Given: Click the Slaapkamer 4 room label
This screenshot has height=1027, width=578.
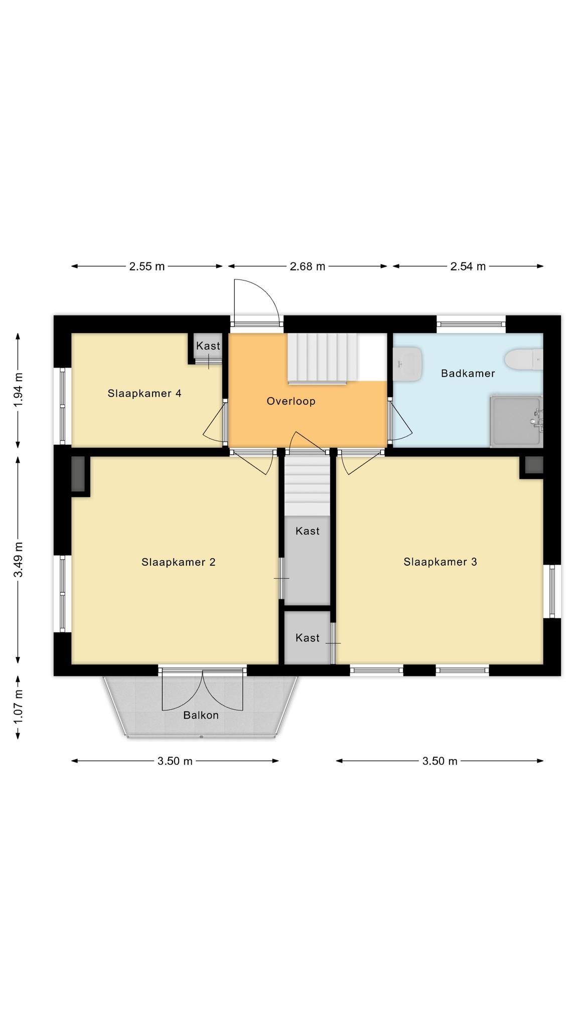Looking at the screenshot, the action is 144,393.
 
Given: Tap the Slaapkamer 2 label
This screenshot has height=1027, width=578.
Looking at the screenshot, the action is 179,562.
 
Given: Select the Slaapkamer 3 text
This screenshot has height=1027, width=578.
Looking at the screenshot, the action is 440,562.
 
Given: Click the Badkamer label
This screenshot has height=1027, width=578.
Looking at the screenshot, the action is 468,373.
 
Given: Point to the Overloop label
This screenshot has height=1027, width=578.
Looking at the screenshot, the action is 291,401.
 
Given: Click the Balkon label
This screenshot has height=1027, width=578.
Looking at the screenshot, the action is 201,715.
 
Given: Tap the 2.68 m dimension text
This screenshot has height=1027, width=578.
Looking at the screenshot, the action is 308,266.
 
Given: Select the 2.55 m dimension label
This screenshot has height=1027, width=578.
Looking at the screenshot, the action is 147,266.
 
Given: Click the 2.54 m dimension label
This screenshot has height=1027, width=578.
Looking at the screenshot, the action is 468,266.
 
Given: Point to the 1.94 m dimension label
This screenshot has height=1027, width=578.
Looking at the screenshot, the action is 19,391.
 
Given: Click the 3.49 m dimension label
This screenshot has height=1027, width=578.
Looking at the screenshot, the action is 19,560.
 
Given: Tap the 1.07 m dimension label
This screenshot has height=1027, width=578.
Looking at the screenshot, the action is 19,706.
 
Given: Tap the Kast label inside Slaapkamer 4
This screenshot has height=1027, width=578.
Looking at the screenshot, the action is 208,346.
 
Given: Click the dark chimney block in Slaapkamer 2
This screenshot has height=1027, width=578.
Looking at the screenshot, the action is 78,474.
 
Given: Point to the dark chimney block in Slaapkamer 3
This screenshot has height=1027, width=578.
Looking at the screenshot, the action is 534,465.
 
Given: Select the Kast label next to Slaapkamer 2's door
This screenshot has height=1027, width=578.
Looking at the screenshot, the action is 307,531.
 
